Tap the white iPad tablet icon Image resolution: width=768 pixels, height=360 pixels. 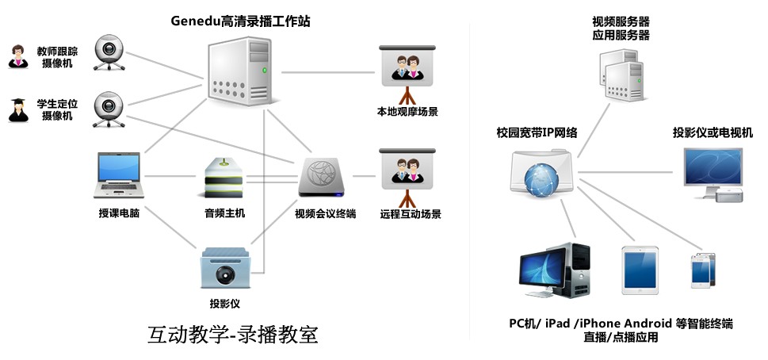(640, 267)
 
